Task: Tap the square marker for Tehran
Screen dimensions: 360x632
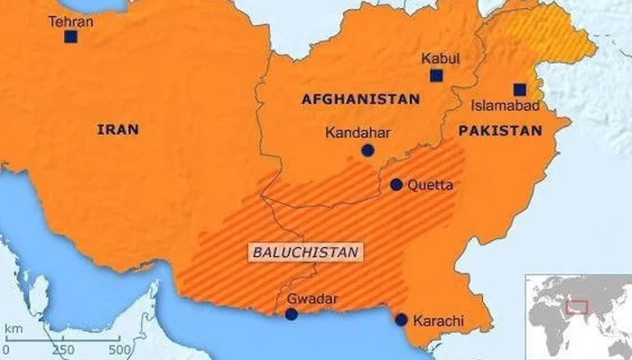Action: [x=70, y=37]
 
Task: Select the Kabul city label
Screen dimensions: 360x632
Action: [x=440, y=59]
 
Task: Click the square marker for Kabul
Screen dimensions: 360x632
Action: [x=436, y=76]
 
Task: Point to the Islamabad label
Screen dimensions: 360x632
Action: [x=500, y=106]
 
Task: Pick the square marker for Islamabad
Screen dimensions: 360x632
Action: [x=520, y=89]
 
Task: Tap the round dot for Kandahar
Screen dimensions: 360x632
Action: [x=367, y=151]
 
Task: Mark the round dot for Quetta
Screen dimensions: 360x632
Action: [x=396, y=184]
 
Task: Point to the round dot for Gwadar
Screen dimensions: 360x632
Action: [x=291, y=314]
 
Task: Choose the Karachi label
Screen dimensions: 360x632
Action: [x=438, y=320]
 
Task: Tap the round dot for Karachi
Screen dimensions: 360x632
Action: [x=401, y=318]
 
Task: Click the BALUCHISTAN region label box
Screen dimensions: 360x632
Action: [x=304, y=252]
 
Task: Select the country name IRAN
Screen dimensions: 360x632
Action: [x=117, y=130]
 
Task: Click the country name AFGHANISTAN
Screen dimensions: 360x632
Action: [x=360, y=99]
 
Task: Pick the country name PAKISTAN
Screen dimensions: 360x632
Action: [x=499, y=131]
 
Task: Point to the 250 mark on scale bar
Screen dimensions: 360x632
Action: [x=63, y=349]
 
